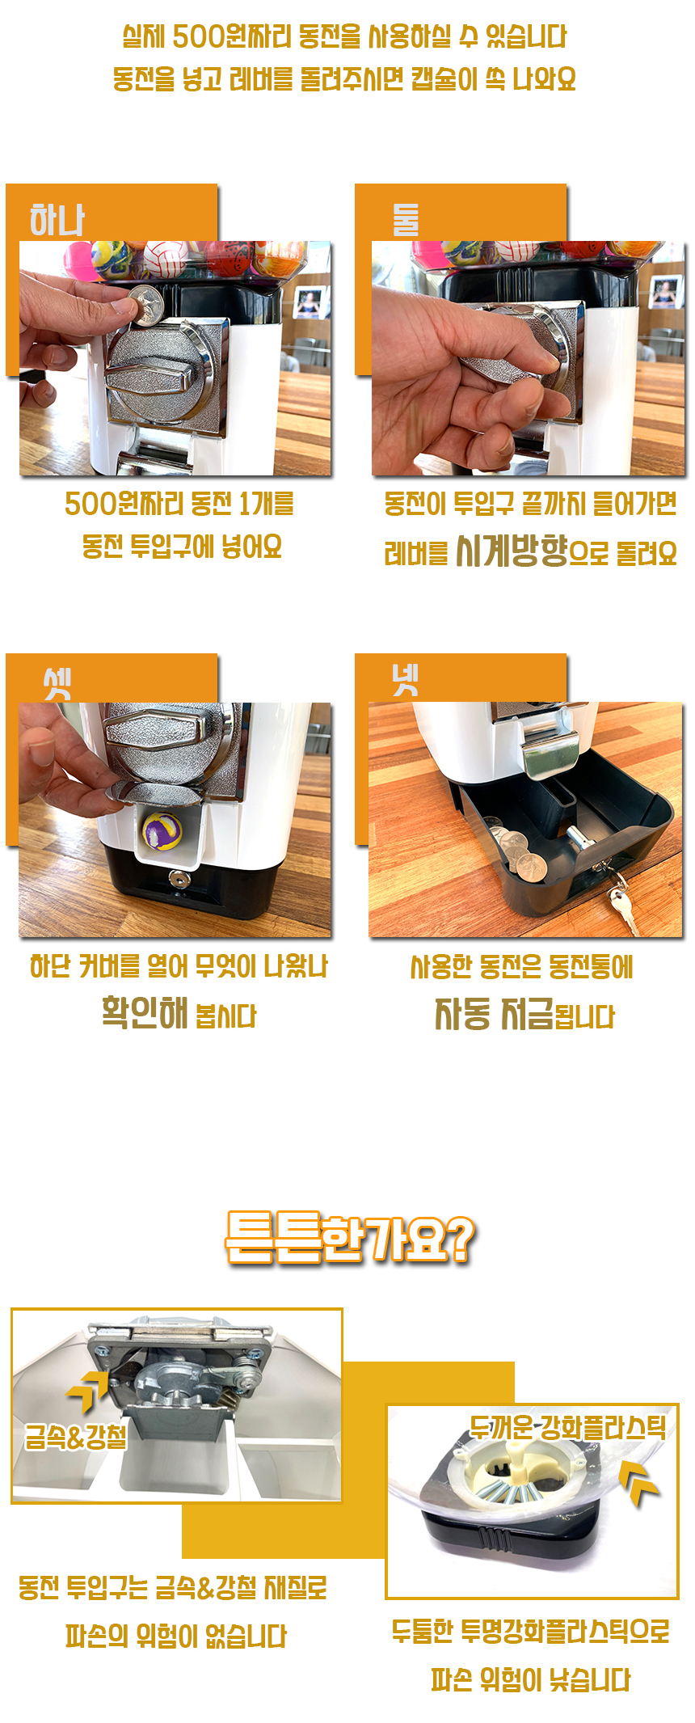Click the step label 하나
57,220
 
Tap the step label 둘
406,219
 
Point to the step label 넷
406,679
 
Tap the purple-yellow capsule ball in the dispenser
162,830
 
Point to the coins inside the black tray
517,854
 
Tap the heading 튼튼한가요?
350,1237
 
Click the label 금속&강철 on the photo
76,1437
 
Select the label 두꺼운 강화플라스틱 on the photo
569,1428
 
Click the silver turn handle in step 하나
163,378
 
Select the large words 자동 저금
494,1013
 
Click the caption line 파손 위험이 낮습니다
530,1680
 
